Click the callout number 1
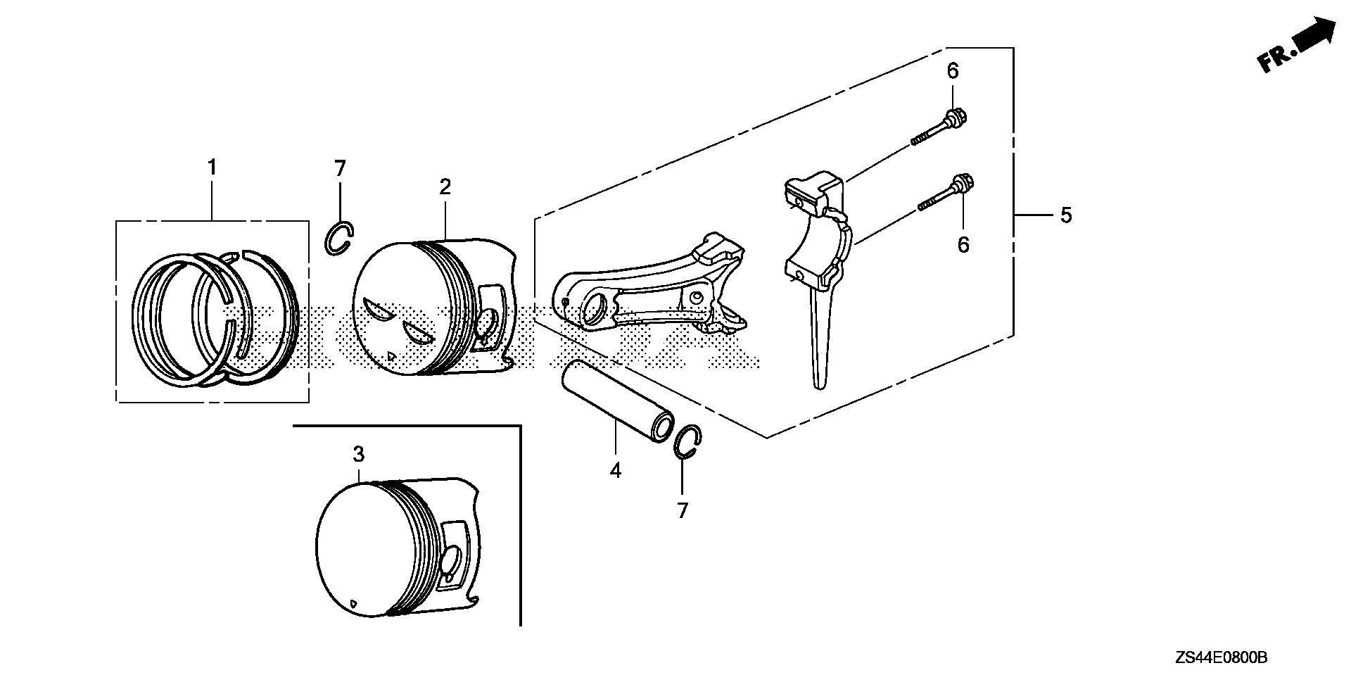[211, 168]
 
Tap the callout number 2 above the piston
[445, 187]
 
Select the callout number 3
[359, 454]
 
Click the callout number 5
[1066, 215]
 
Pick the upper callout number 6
[953, 71]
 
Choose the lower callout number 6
[963, 245]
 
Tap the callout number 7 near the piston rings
[340, 169]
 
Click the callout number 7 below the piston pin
[682, 511]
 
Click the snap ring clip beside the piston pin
[687, 443]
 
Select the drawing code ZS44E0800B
[1220, 658]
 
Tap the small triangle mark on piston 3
[353, 603]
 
